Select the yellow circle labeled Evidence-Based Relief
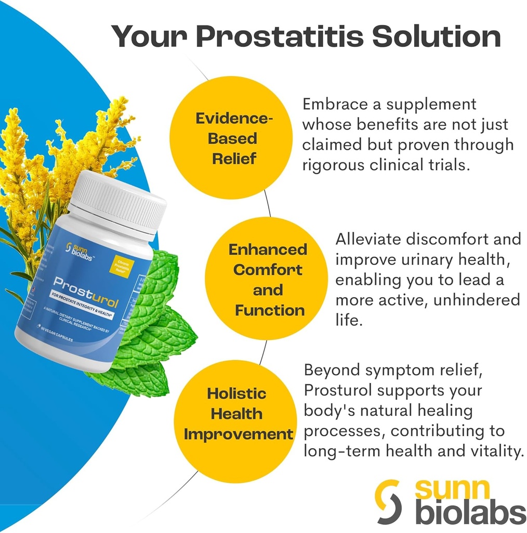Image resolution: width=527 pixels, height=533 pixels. click(x=233, y=138)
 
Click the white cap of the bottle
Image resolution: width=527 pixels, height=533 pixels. click(x=118, y=200)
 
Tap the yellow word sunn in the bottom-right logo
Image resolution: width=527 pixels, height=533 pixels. click(x=452, y=489)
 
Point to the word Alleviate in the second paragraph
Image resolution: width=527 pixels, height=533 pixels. click(x=368, y=239)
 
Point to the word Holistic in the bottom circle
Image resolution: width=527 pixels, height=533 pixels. click(x=236, y=394)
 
